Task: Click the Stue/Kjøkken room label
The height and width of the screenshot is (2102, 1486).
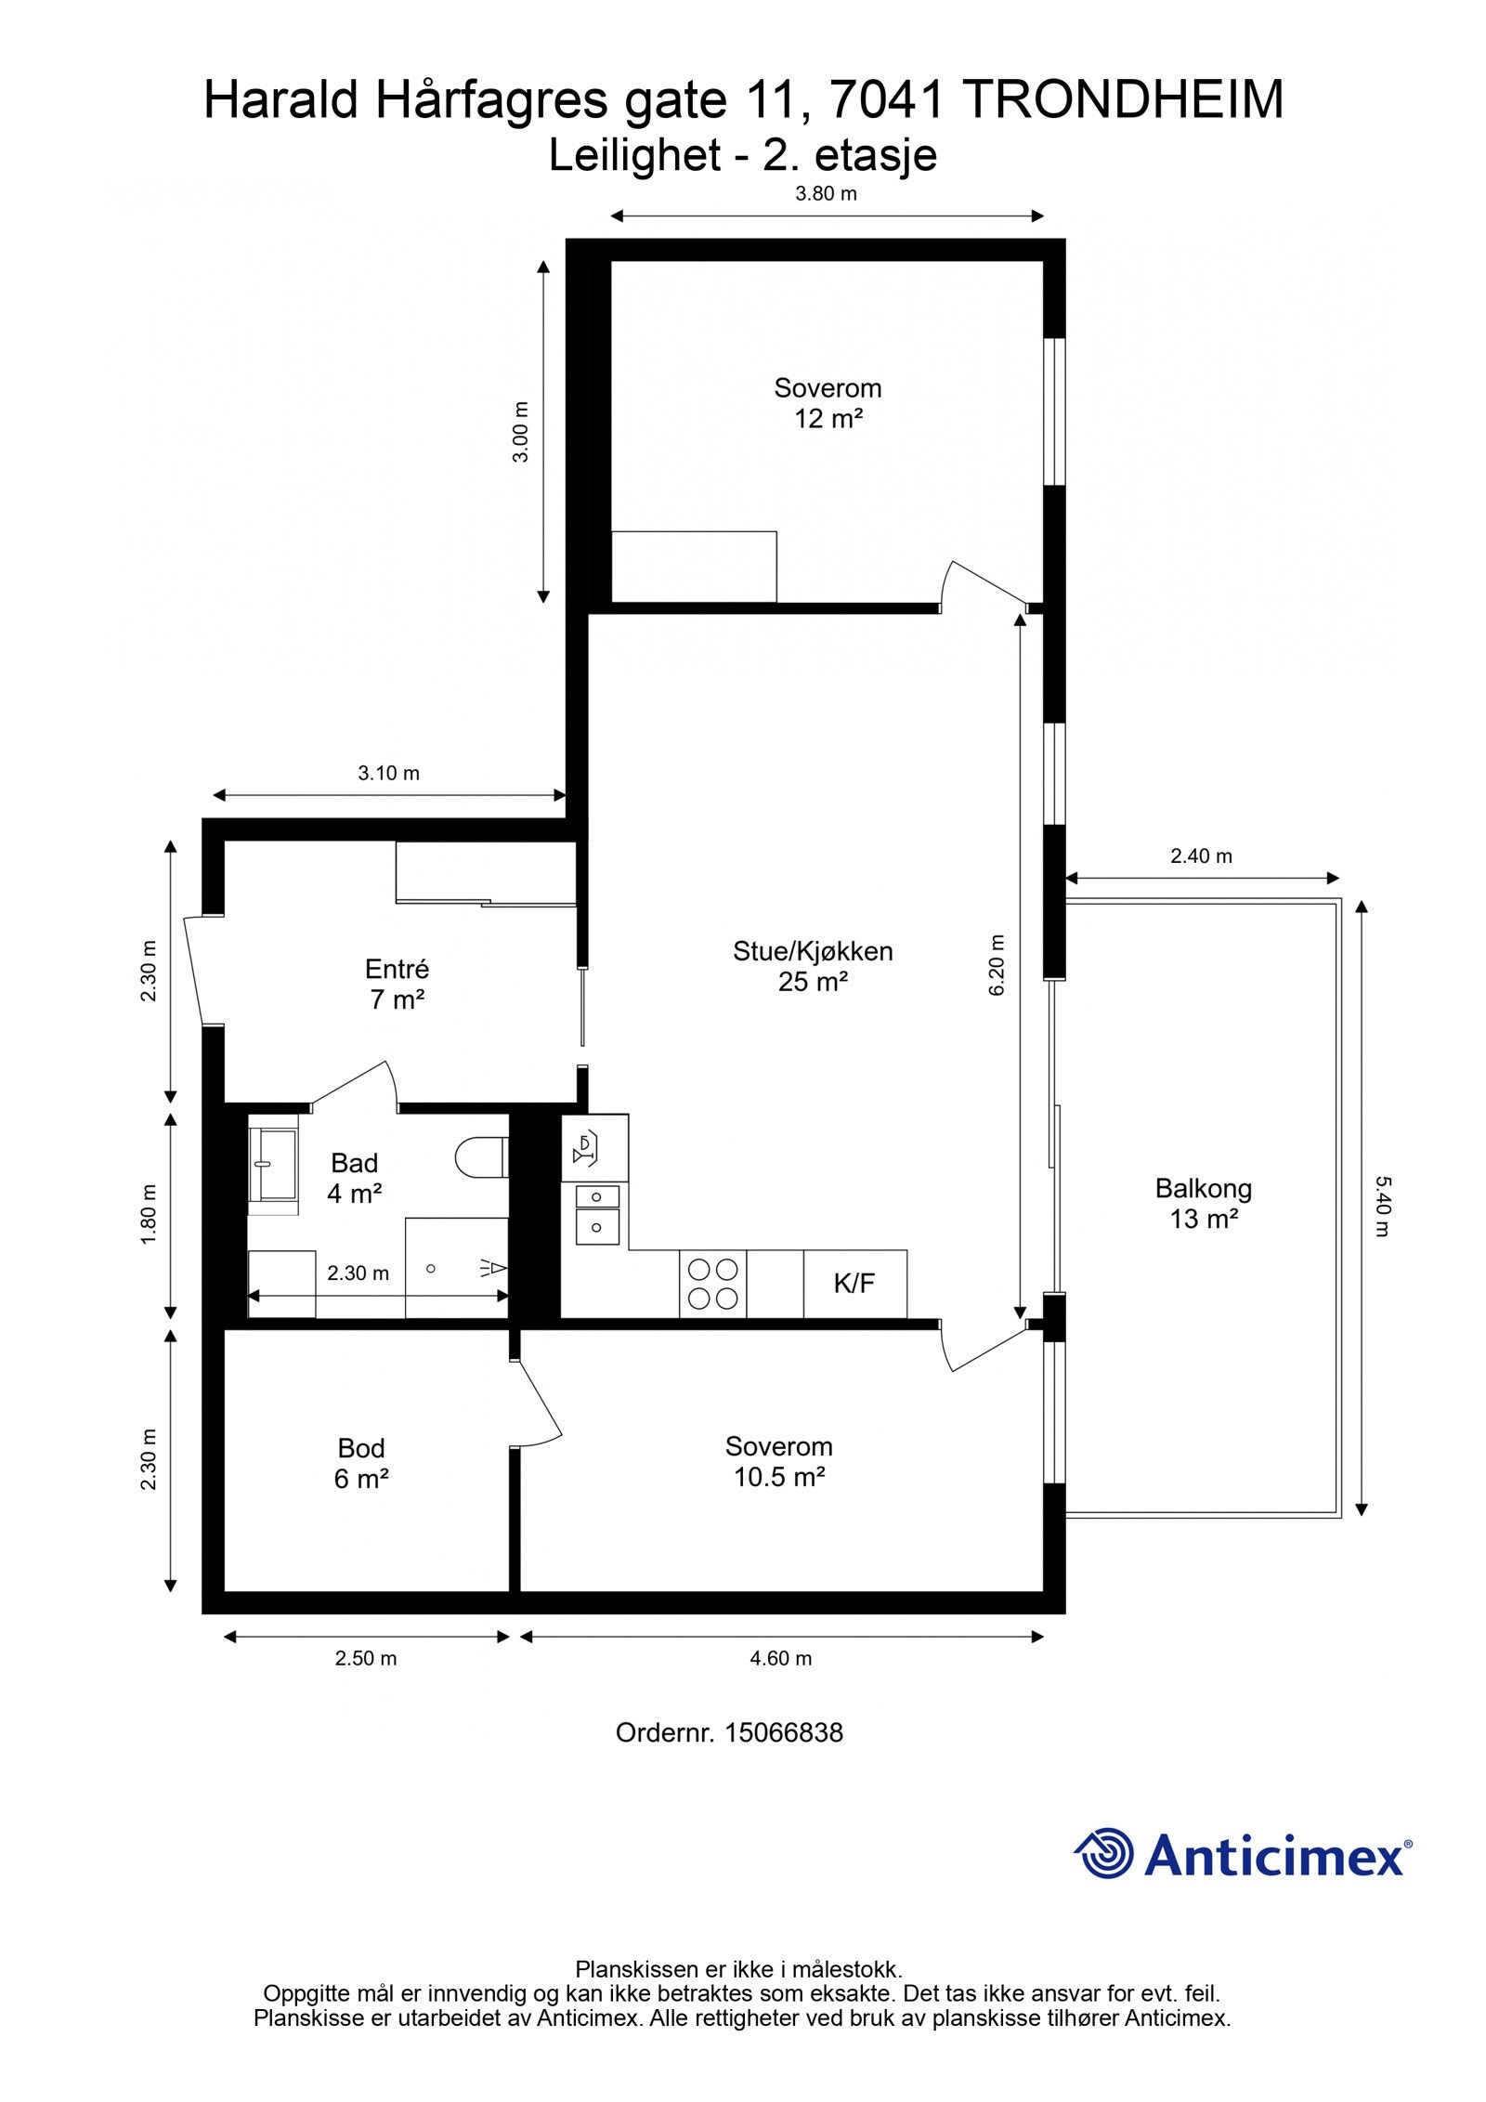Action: click(x=812, y=965)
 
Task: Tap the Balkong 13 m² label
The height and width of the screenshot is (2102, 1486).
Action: click(x=1203, y=1202)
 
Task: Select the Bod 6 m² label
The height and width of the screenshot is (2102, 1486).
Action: click(x=361, y=1462)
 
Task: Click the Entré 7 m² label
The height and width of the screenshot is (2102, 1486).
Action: click(x=397, y=984)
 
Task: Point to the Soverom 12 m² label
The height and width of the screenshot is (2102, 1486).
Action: click(x=828, y=402)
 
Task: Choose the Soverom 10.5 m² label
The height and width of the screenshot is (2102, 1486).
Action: click(x=778, y=1460)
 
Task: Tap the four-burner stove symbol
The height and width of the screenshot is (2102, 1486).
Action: click(x=712, y=1284)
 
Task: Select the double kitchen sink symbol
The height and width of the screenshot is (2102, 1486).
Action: click(x=595, y=1212)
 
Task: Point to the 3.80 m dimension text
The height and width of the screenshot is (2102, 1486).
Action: click(x=826, y=194)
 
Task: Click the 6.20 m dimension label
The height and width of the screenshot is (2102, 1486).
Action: click(x=997, y=966)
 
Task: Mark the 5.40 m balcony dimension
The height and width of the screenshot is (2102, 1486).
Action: click(x=1382, y=1206)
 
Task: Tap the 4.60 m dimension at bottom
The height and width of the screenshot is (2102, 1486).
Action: click(x=780, y=1658)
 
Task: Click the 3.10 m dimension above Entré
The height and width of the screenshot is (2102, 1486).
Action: click(x=388, y=773)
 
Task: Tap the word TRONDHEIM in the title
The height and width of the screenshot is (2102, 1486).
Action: click(x=1122, y=100)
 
